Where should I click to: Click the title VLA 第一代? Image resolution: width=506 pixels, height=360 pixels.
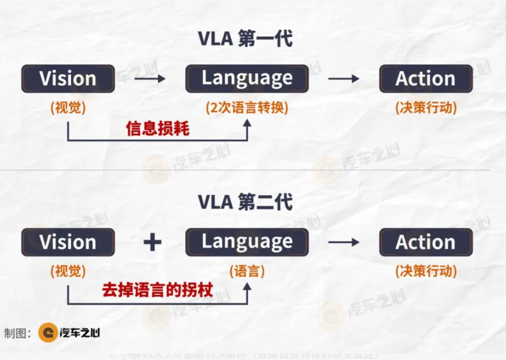tap(245, 39)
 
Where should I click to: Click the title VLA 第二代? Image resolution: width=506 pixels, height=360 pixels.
tap(245, 202)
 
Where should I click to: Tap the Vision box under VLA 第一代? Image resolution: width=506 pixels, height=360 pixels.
tap(68, 79)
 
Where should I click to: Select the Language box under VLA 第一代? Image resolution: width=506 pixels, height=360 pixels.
tap(247, 78)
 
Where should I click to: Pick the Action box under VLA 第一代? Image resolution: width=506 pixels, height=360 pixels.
tap(425, 79)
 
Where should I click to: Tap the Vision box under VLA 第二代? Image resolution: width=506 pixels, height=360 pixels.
tap(68, 242)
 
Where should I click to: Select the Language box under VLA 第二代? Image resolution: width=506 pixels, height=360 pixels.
tap(247, 242)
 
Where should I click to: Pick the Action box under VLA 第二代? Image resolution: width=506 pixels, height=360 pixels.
tap(425, 242)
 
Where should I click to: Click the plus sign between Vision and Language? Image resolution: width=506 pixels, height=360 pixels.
tap(153, 242)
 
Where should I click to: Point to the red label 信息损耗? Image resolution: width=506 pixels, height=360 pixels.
tap(157, 129)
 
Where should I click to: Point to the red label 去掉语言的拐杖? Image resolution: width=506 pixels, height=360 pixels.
tap(157, 290)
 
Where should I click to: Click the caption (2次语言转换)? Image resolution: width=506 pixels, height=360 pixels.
tap(247, 107)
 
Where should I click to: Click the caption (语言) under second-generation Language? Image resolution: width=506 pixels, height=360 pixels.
tap(247, 271)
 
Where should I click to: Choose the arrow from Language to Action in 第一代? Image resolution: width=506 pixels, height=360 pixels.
tap(343, 79)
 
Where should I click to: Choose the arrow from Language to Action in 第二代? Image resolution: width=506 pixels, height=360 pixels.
tap(343, 242)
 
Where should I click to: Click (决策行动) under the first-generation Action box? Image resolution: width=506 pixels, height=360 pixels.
tap(425, 107)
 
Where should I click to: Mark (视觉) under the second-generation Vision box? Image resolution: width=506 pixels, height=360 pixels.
tap(68, 271)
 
